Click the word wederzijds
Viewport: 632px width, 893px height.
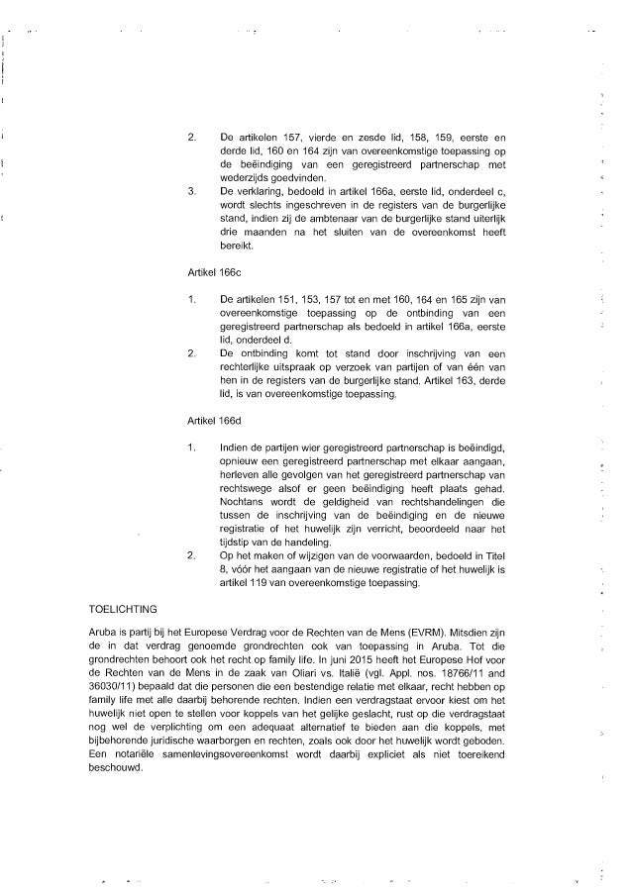(x=245, y=178)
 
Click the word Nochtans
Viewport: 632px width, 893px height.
(x=244, y=501)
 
